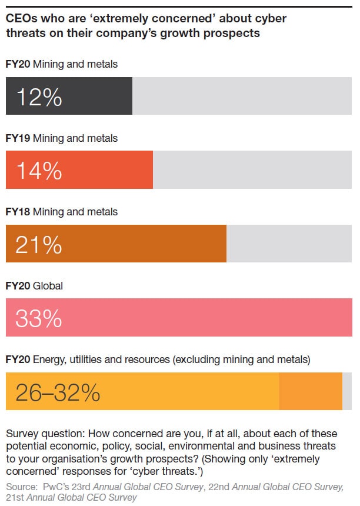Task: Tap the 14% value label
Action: tap(39, 171)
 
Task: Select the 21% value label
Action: tap(39, 245)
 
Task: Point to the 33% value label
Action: tap(39, 318)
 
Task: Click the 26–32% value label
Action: tap(58, 392)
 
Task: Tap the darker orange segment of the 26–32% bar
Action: tap(310, 392)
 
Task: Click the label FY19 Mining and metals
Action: tap(61, 138)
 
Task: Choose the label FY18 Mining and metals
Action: tap(61, 212)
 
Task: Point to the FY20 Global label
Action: tap(34, 286)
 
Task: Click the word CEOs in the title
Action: tap(21, 19)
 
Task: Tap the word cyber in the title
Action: tap(272, 19)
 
